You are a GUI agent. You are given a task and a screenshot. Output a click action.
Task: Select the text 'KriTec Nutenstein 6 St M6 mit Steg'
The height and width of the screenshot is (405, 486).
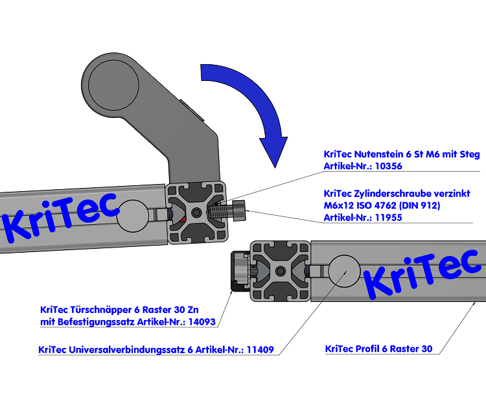pos(401,154)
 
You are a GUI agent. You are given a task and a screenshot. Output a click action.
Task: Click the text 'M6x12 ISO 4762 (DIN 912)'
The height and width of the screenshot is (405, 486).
pos(382,205)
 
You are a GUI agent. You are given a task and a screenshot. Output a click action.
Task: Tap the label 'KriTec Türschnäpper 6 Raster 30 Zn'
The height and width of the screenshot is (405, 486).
pos(127,309)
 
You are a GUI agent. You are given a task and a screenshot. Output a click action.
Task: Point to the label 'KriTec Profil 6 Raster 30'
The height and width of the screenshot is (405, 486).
pos(378,349)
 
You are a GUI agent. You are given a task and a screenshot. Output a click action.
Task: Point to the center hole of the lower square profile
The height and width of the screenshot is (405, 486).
pos(280,270)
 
